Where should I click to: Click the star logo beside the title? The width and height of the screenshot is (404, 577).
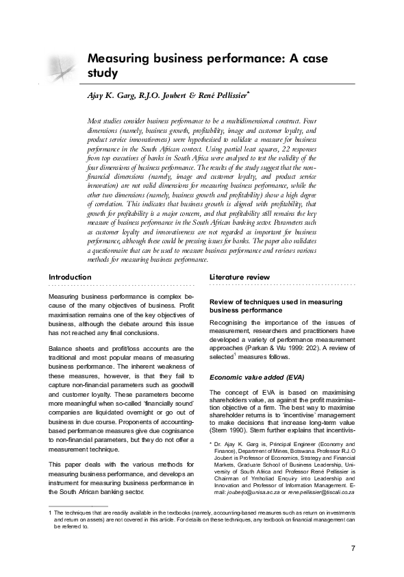pyautogui.click(x=60, y=69)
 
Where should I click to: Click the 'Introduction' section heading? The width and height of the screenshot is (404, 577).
pyautogui.click(x=70, y=277)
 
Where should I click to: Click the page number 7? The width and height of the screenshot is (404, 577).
pyautogui.click(x=353, y=548)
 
